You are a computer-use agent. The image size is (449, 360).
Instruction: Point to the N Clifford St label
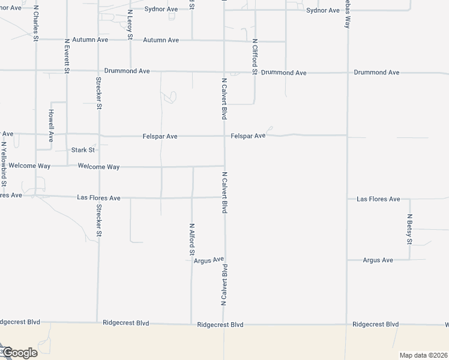(255, 56)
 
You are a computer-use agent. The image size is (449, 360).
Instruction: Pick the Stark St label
(83, 150)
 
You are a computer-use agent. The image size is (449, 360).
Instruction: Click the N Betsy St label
(409, 229)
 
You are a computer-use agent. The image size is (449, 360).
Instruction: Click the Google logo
(19, 353)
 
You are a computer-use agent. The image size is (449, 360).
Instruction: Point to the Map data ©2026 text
(423, 355)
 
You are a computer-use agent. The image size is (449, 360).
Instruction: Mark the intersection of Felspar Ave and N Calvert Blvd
(224, 136)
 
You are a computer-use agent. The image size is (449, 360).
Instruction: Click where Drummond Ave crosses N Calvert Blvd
(224, 71)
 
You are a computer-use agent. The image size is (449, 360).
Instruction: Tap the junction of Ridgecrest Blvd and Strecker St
(97, 323)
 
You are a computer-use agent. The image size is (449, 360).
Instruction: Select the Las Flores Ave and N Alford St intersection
(192, 197)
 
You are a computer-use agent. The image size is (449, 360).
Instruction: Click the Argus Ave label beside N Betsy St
(378, 260)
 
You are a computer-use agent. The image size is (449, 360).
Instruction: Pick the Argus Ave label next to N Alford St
(209, 260)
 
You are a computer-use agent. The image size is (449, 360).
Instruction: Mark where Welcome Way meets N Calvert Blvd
(224, 166)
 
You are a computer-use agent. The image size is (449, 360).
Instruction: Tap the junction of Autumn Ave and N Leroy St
(130, 40)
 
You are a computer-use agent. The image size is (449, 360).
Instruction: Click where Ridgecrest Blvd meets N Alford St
(191, 324)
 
